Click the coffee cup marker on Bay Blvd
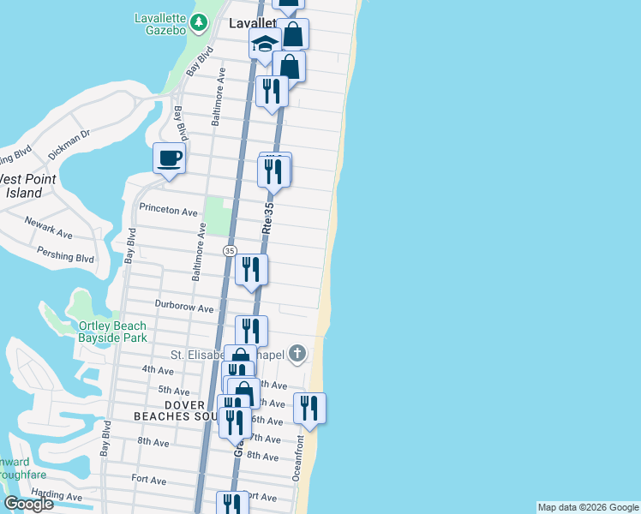169,158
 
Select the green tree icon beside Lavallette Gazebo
199,21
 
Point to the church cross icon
297,353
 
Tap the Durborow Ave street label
183,305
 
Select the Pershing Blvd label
65,254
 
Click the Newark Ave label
48,232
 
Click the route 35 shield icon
229,251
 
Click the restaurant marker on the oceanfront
309,408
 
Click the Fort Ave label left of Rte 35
148,480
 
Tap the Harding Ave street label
56,496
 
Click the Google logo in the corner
27,504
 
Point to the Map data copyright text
588,507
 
